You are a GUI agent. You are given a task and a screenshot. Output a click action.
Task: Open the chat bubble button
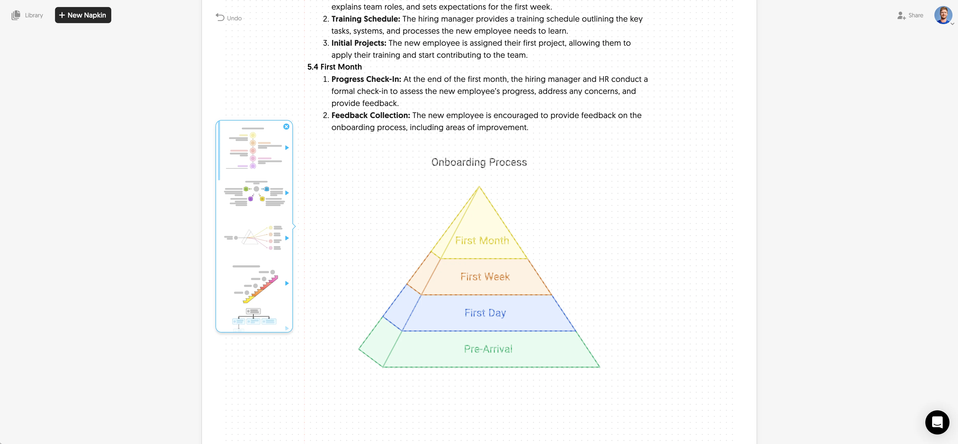point(937,422)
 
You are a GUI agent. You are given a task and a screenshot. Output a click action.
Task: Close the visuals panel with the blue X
point(286,126)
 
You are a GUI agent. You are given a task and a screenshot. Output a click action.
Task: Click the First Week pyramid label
point(485,277)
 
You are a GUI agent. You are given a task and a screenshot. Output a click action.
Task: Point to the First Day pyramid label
point(485,313)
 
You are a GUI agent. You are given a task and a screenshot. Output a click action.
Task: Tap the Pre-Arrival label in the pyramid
point(488,349)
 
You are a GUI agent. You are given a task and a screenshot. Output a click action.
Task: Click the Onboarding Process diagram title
point(479,162)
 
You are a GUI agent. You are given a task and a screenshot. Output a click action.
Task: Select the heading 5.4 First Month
point(334,67)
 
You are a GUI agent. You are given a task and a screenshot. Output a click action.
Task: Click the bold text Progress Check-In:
point(366,79)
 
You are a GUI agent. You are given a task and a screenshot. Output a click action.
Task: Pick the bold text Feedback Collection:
point(370,115)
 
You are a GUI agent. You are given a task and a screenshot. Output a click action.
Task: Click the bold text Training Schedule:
point(365,19)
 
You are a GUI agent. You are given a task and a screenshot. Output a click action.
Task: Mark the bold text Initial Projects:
point(358,43)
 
